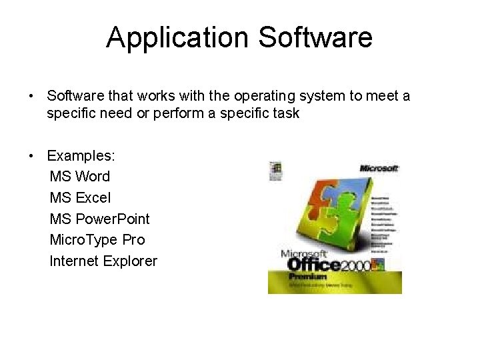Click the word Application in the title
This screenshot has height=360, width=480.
[178, 37]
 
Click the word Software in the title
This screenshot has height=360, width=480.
[315, 37]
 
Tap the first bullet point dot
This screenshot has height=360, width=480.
[31, 96]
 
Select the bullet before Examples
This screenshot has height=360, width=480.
[31, 156]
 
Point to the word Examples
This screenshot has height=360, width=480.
[81, 156]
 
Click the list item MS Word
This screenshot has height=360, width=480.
[79, 177]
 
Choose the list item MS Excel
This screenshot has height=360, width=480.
[80, 198]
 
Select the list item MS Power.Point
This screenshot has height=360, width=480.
[99, 219]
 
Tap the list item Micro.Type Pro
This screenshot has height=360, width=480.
[97, 240]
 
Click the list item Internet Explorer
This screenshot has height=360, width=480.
[103, 261]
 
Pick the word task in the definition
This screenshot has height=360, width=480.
[285, 113]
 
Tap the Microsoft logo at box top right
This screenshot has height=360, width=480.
[379, 168]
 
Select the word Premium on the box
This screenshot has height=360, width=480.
[307, 276]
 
